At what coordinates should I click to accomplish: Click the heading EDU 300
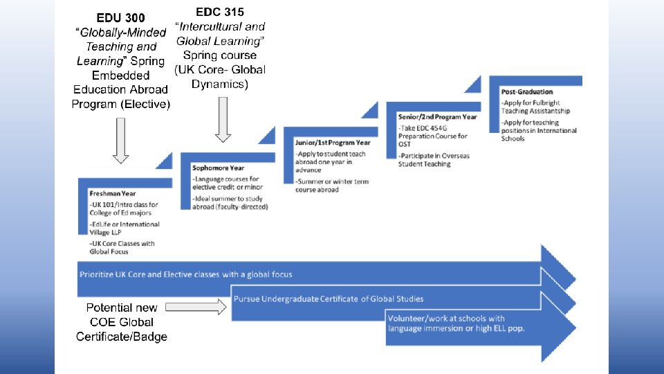pyautogui.click(x=120, y=17)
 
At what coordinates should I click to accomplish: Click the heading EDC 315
pyautogui.click(x=220, y=12)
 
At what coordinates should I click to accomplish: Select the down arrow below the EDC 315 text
pyautogui.click(x=222, y=119)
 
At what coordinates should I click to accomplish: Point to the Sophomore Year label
pyautogui.click(x=219, y=168)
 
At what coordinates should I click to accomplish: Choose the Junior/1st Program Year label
pyautogui.click(x=332, y=143)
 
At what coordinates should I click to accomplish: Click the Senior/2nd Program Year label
pyautogui.click(x=437, y=117)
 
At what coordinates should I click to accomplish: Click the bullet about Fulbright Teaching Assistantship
pyautogui.click(x=535, y=107)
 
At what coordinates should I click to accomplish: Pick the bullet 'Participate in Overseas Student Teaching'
pyautogui.click(x=434, y=160)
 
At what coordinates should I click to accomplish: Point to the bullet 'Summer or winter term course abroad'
pyautogui.click(x=331, y=185)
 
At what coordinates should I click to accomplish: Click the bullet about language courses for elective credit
pyautogui.click(x=226, y=184)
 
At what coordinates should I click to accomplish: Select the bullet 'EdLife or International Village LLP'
pyautogui.click(x=124, y=228)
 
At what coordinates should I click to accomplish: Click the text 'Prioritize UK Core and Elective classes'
pyautogui.click(x=185, y=274)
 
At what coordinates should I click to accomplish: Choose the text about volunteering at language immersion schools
pyautogui.click(x=456, y=323)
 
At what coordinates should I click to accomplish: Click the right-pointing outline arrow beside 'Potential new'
pyautogui.click(x=196, y=307)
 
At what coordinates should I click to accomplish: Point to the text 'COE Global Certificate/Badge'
pyautogui.click(x=121, y=329)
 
